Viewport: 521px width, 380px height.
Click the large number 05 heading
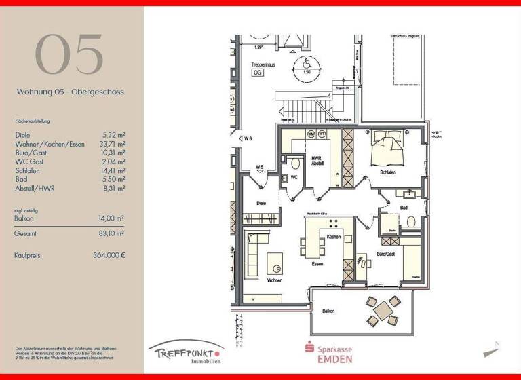[x=69, y=54]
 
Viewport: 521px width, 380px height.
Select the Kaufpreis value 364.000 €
[x=109, y=256]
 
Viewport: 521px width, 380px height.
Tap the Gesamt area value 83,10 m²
[x=111, y=233]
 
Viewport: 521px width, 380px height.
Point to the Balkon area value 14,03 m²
[x=111, y=218]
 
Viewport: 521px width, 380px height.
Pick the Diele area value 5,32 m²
[x=113, y=135]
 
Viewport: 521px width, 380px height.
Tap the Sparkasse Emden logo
[x=328, y=352]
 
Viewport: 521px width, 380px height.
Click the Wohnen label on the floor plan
[x=274, y=279]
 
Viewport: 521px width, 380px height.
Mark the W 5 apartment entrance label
[x=260, y=167]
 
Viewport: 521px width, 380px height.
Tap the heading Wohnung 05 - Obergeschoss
[x=71, y=91]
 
